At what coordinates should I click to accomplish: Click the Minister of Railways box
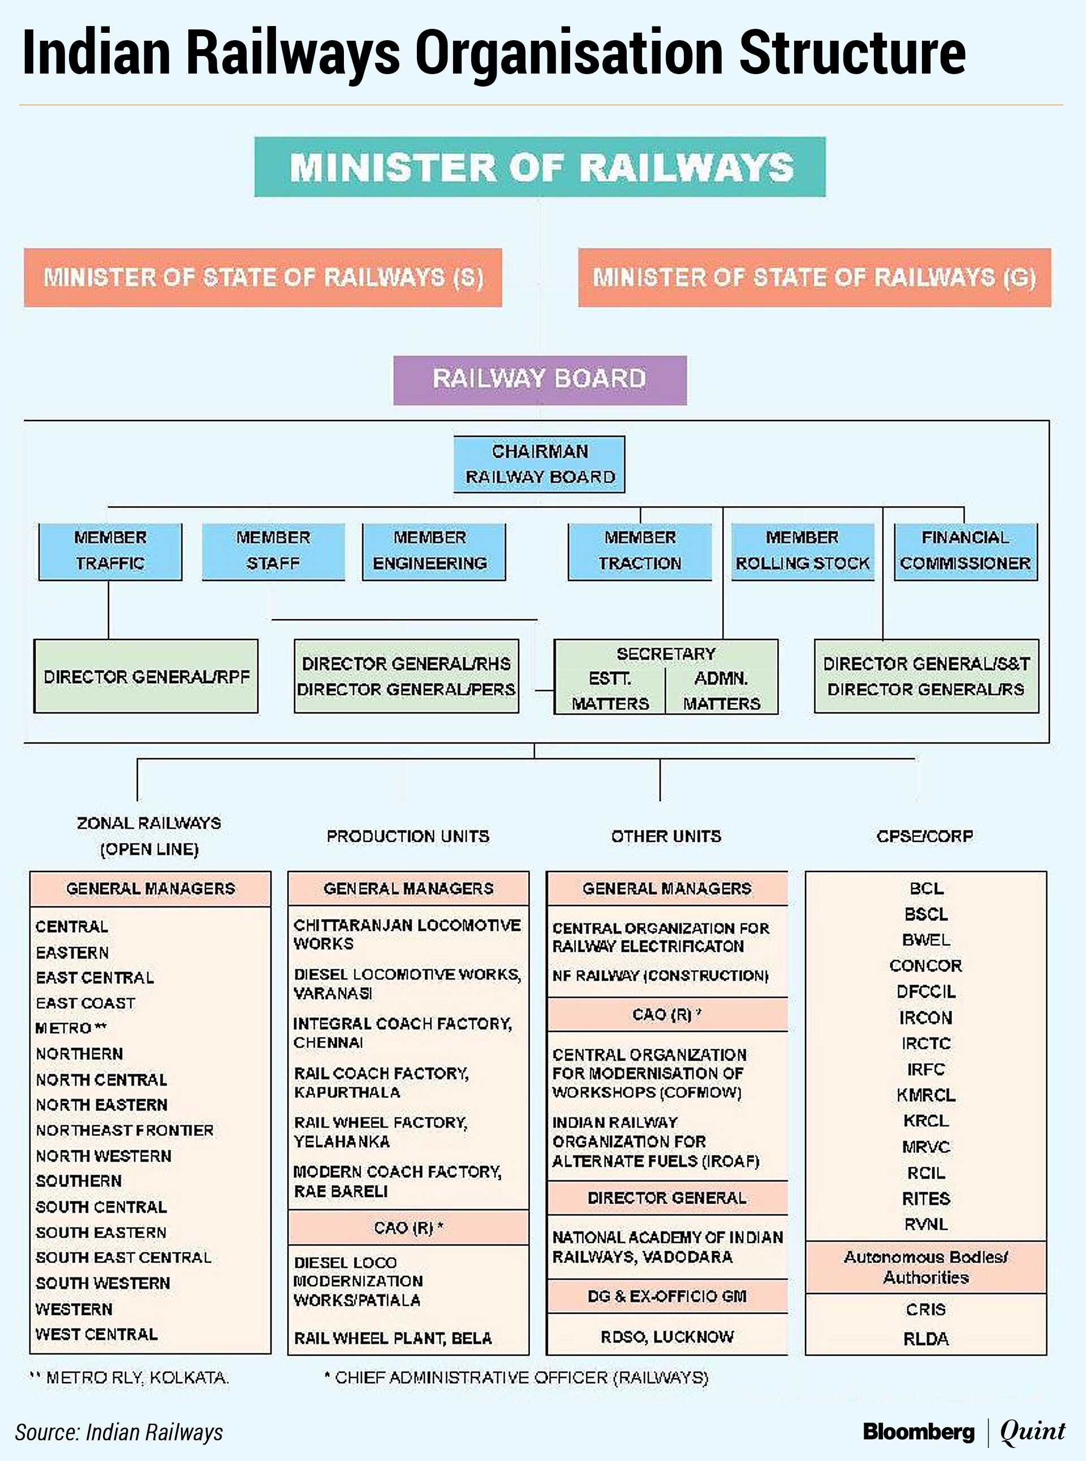pos(540,167)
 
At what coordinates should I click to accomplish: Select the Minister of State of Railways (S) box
pos(263,277)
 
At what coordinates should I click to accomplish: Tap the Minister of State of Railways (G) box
pos(815,277)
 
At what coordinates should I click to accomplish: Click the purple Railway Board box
pos(540,379)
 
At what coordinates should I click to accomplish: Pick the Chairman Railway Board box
pos(540,464)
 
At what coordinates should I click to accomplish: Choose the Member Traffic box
pos(110,551)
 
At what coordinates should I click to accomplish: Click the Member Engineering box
pos(434,551)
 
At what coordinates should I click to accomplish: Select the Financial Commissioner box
pos(966,551)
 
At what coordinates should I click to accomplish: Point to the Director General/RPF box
pos(146,677)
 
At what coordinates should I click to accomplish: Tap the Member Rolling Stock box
pos(803,551)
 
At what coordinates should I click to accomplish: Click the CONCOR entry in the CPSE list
pos(925,966)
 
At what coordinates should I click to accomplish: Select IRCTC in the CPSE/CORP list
pos(925,1043)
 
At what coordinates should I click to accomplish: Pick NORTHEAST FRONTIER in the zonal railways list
pos(125,1131)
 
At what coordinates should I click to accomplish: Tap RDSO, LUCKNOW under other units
pos(666,1337)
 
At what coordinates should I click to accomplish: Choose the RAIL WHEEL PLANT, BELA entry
pos(393,1338)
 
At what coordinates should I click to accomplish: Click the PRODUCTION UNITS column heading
pos(408,836)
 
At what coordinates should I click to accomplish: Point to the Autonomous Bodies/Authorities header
pos(925,1267)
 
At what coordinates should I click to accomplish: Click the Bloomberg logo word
pos(919,1432)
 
